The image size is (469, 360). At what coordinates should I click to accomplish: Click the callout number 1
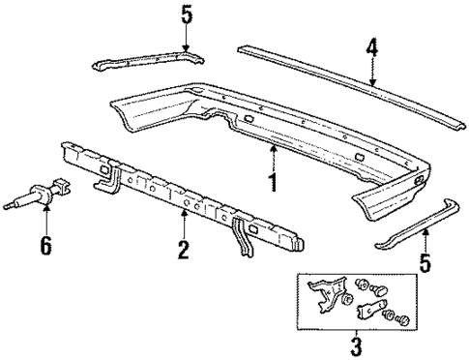pyautogui.click(x=273, y=181)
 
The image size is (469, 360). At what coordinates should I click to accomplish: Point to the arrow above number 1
pyautogui.click(x=273, y=155)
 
